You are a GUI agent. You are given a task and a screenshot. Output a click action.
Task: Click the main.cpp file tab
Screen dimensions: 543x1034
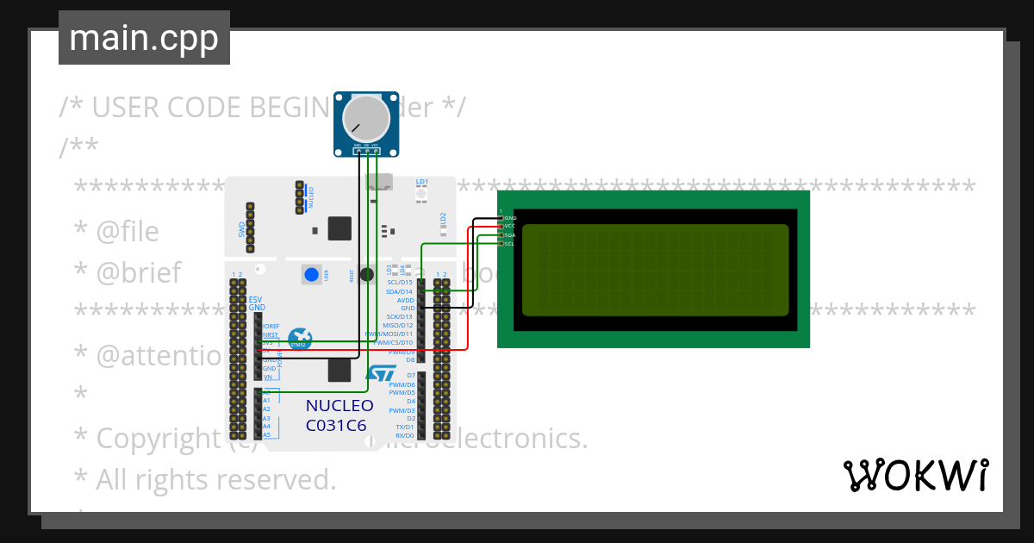click(x=144, y=39)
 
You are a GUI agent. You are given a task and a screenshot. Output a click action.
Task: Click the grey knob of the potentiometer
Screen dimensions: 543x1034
click(x=366, y=119)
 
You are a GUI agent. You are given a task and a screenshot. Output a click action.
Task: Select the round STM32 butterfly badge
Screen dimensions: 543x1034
click(x=300, y=339)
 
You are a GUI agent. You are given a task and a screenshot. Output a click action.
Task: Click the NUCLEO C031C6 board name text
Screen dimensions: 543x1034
click(x=339, y=415)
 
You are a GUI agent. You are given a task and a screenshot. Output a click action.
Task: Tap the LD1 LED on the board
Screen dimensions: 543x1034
click(x=421, y=196)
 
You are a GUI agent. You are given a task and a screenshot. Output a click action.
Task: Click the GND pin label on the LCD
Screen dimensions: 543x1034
click(x=509, y=218)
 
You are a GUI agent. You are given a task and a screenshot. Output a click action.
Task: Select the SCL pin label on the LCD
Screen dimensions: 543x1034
click(x=509, y=244)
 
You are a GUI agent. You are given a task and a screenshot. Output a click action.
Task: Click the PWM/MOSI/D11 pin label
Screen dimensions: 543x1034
click(x=389, y=334)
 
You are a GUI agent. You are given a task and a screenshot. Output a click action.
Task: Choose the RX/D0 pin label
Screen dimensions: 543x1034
click(x=405, y=436)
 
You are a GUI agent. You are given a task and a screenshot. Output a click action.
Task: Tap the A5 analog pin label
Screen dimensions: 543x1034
click(x=266, y=434)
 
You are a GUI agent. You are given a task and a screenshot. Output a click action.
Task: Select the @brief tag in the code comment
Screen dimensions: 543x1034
click(x=138, y=273)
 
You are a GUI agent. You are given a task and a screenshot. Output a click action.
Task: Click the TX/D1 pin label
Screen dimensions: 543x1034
click(x=405, y=427)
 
